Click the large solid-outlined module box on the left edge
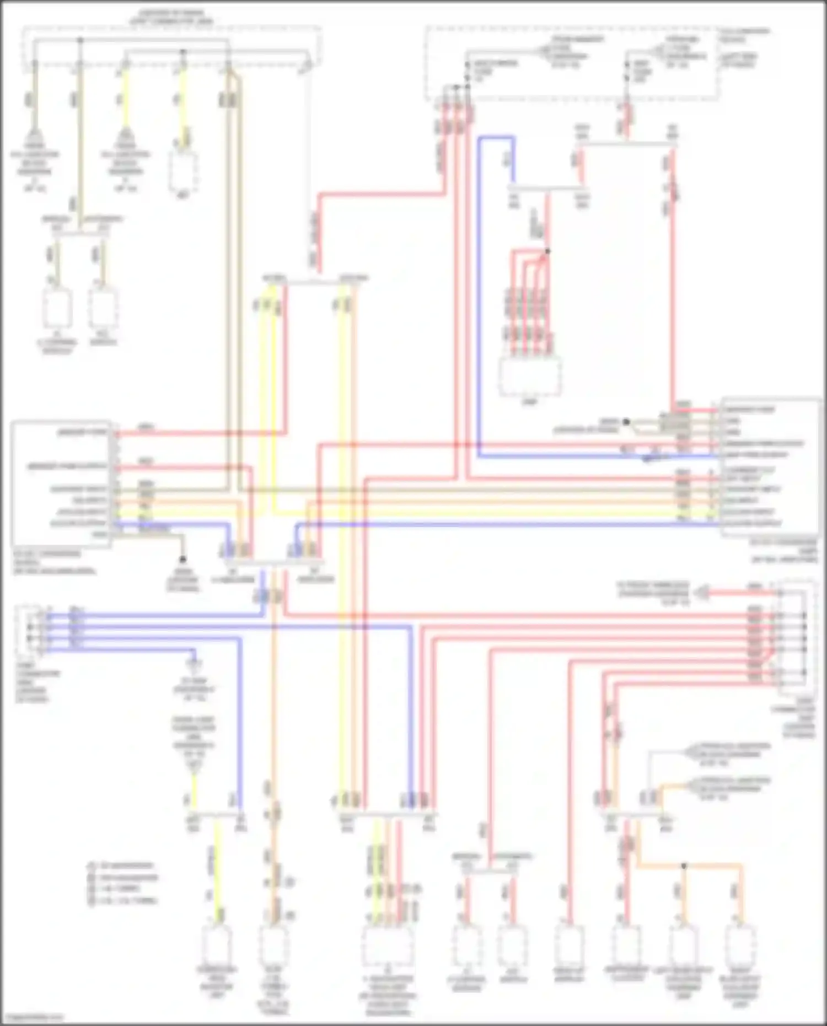[x=61, y=484]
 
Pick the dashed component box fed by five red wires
[x=529, y=377]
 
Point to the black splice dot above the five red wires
[x=547, y=251]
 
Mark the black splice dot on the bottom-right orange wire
[x=684, y=866]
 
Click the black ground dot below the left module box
[x=183, y=559]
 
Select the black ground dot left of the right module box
[x=626, y=422]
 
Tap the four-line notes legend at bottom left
[x=122, y=883]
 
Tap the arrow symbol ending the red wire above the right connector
[x=702, y=593]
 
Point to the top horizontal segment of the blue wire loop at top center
[x=496, y=137]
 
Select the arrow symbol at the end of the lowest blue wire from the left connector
[x=194, y=662]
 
